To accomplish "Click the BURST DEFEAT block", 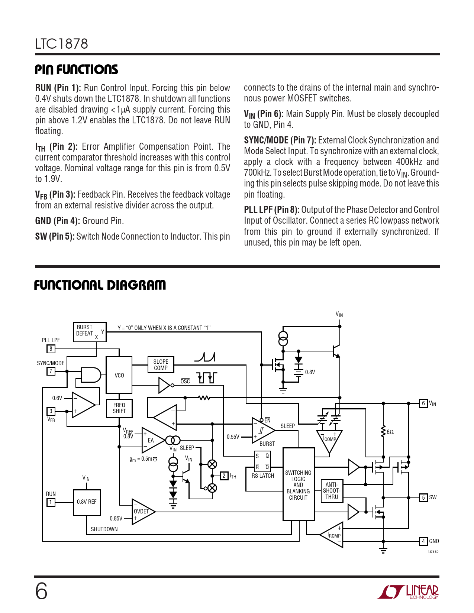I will tap(90, 332).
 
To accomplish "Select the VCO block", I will tap(119, 375).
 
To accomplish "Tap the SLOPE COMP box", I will tap(161, 365).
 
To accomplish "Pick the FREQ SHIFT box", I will tap(119, 408).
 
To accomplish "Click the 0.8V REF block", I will tap(87, 502).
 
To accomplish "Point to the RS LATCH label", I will tap(262, 476).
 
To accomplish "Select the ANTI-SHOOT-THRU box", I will tap(332, 491).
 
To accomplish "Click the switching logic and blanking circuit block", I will tap(299, 484).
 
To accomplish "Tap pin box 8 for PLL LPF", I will tap(51, 349).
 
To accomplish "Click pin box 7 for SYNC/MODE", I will tap(51, 371).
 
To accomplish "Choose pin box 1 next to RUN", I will tap(51, 502).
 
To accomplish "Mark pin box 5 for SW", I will tap(423, 497).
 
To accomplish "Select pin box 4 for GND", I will tap(423, 541).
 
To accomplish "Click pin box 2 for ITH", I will tap(224, 476).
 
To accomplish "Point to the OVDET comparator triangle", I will tap(142, 512).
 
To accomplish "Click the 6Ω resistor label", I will tap(390, 432).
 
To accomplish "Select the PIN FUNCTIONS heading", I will tap(76, 69).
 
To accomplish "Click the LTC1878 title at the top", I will tap(62, 44).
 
